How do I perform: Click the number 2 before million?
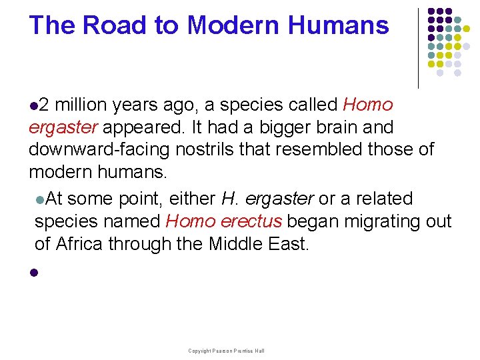(43, 105)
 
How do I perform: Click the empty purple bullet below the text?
(32, 273)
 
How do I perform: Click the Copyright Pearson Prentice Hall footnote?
(226, 351)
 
